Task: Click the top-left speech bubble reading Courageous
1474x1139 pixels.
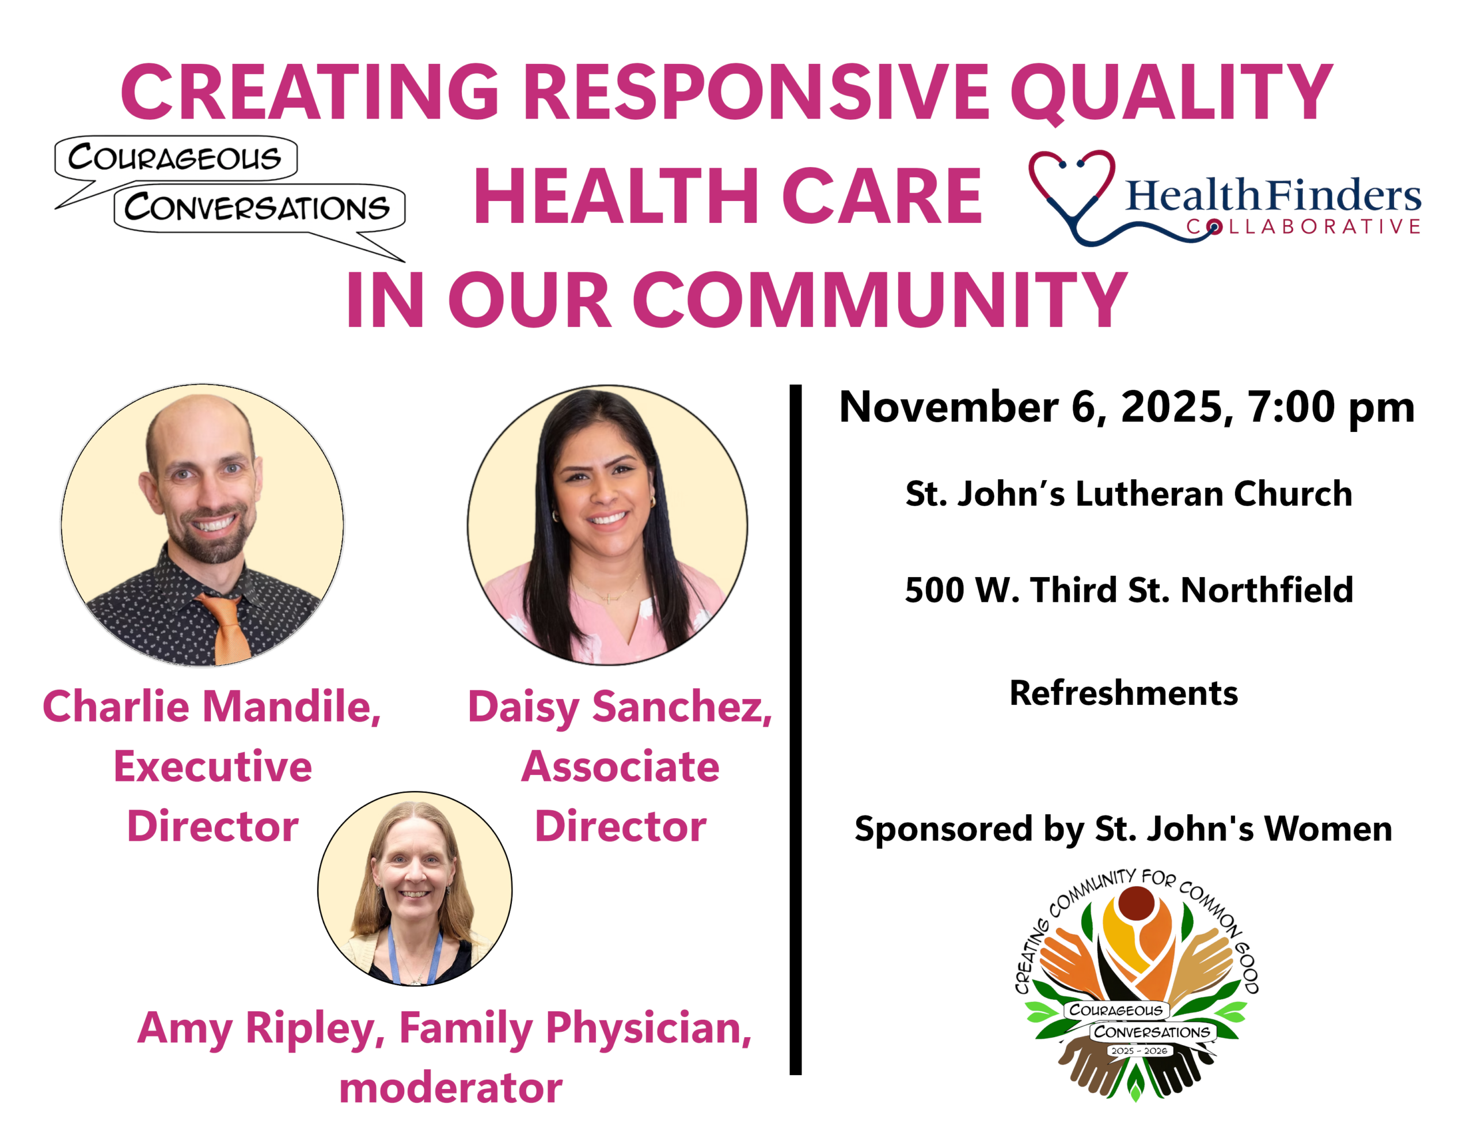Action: click(176, 158)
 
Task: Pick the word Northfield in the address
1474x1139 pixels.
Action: click(1267, 590)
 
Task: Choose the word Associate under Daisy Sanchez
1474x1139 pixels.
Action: click(620, 767)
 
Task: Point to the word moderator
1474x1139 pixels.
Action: click(451, 1088)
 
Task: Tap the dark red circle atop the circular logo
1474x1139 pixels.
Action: click(1137, 903)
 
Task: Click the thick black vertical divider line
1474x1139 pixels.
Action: click(796, 729)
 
